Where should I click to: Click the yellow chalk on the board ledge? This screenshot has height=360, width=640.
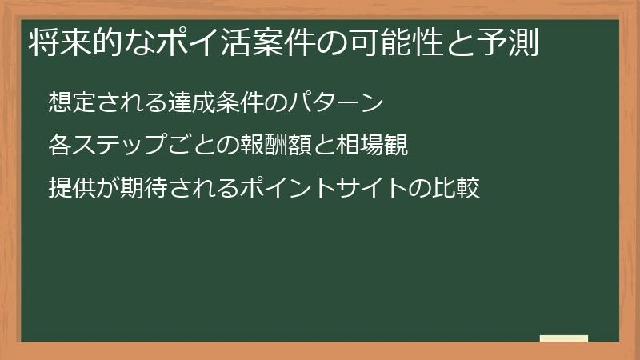[564, 339]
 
